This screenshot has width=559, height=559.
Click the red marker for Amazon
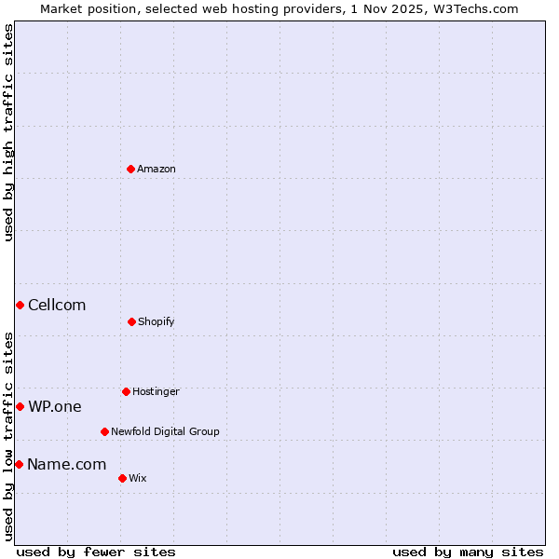pos(130,169)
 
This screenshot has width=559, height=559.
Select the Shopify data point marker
pos(131,321)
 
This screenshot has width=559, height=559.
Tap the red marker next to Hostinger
pos(126,391)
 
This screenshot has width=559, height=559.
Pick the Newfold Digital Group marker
pos(104,431)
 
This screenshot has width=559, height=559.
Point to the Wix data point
pos(122,478)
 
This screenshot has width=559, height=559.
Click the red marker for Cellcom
pos(20,305)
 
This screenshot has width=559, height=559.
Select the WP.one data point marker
pos(20,406)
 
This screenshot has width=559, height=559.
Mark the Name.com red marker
pos(19,464)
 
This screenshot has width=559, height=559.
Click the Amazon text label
pos(157,169)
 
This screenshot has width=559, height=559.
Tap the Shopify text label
pos(157,321)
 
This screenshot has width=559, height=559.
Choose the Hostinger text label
pos(156,391)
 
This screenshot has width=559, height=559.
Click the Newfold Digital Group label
pos(165,431)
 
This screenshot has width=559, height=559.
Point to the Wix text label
pos(138,478)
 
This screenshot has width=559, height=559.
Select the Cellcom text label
pos(57,305)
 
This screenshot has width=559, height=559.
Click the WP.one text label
pos(55,406)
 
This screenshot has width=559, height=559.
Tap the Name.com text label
pos(66,464)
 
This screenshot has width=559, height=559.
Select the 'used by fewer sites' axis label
pos(95,552)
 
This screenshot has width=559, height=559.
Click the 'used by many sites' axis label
pos(468,552)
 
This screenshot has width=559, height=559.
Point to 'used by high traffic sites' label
pos(8,132)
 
